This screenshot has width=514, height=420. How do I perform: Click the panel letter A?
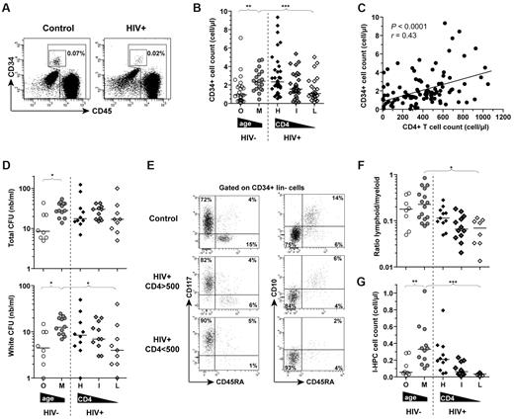8,8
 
